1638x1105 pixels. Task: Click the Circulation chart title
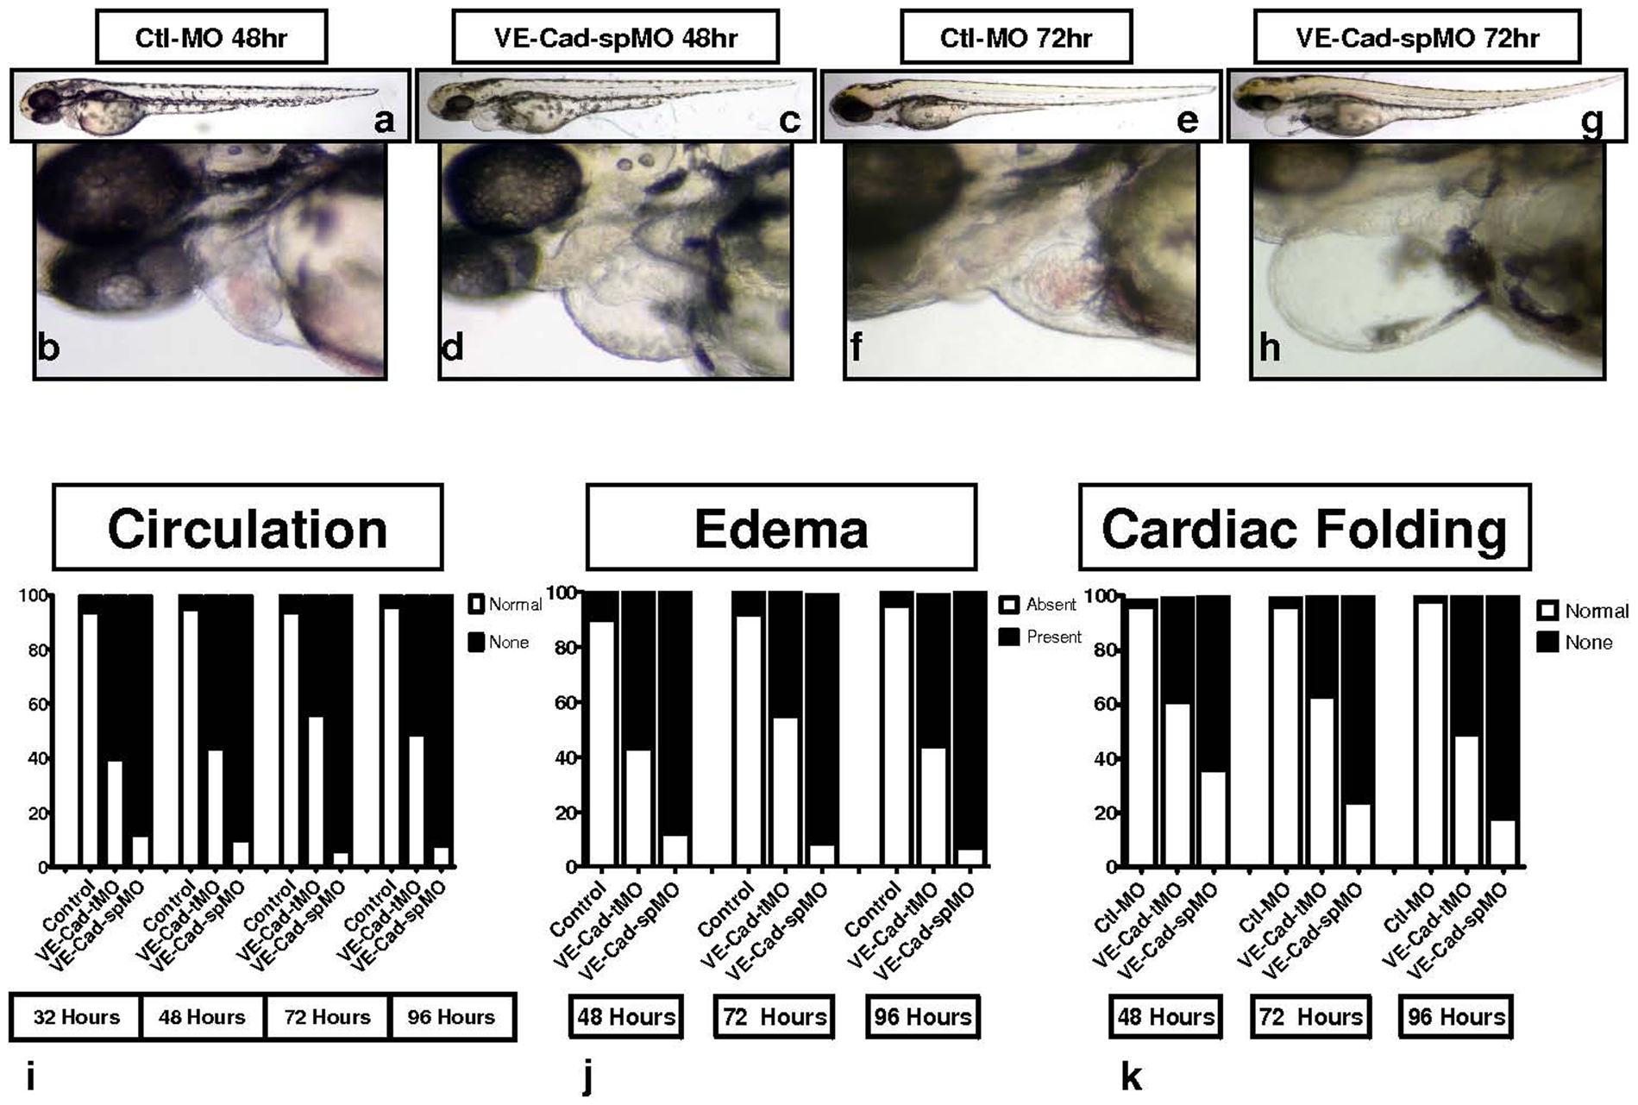coord(248,528)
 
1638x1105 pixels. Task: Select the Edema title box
coord(781,528)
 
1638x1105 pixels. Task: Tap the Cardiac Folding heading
coord(1304,528)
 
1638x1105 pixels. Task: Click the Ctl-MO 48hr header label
coord(211,38)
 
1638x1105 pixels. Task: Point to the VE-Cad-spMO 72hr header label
coord(1416,38)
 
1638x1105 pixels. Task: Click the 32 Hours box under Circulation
coord(76,1017)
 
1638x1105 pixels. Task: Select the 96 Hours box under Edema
coord(923,1017)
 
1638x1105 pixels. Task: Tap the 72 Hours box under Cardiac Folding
coord(1310,1017)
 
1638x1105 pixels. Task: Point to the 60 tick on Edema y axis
coord(566,703)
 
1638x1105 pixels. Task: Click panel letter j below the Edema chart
coord(588,1077)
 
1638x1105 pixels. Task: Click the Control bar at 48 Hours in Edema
coord(602,733)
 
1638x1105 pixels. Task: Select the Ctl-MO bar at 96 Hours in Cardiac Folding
coord(1430,733)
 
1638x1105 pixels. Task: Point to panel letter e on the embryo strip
coord(1188,120)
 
